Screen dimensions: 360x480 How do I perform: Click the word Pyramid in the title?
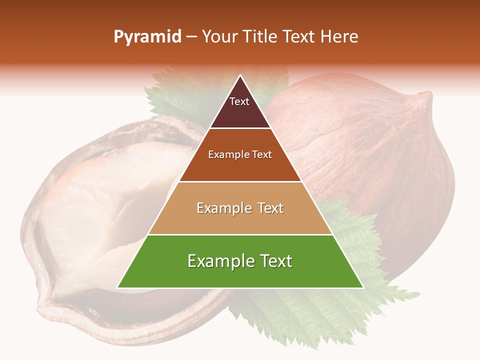click(x=147, y=37)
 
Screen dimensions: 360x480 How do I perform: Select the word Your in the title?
click(x=221, y=37)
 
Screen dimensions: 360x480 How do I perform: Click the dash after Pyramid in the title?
click(x=191, y=37)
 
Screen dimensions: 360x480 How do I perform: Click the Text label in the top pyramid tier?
click(x=239, y=101)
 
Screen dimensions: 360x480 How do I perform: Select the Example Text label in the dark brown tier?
click(x=240, y=154)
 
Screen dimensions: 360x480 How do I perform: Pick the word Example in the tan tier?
click(x=223, y=208)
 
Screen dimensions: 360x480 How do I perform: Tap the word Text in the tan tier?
click(x=270, y=208)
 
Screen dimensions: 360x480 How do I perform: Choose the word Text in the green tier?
click(x=275, y=261)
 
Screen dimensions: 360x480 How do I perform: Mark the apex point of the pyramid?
click(x=240, y=75)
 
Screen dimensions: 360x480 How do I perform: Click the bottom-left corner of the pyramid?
click(x=117, y=288)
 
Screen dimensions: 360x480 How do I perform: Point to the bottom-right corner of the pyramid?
click(x=363, y=288)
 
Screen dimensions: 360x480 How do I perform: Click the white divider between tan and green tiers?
click(x=240, y=234)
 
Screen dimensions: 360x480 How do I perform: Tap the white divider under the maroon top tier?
click(x=240, y=128)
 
